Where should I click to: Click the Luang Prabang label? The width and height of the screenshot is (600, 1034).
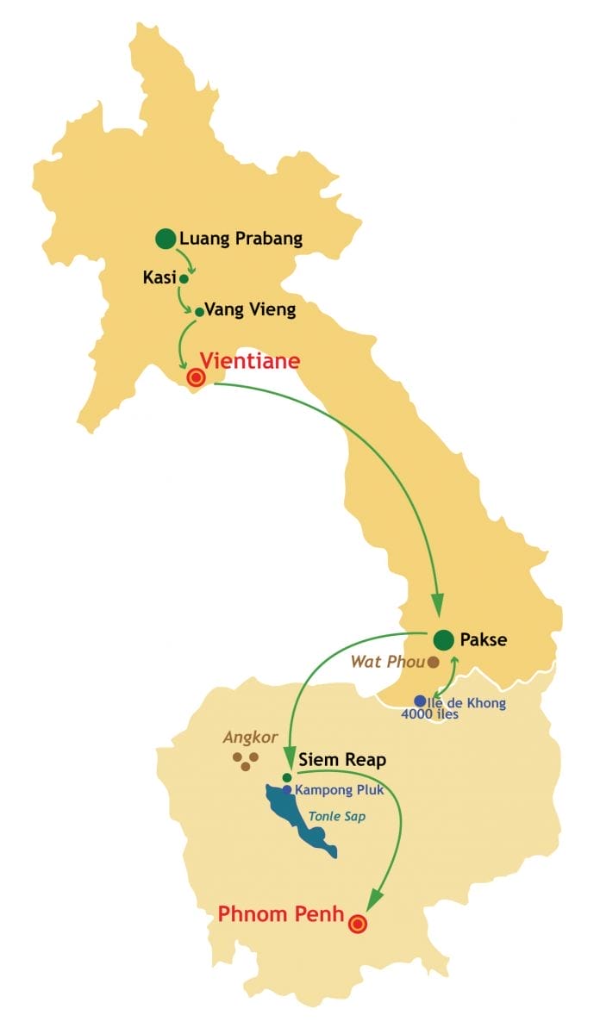coord(241,239)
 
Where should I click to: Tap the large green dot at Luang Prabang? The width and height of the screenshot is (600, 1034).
coord(166,238)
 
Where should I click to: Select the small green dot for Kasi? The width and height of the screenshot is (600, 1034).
coord(184,278)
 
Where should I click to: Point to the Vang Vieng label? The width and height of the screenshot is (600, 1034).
coord(250,310)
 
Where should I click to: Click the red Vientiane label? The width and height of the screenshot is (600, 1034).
coord(250,361)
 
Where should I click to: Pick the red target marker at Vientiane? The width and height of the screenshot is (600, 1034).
coord(196,377)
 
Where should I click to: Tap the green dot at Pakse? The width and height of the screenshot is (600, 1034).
coord(443,639)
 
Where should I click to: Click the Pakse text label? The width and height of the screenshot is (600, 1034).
coord(484,639)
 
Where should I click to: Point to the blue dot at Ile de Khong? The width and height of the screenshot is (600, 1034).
coord(420,701)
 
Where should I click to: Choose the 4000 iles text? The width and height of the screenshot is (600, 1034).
coord(429,713)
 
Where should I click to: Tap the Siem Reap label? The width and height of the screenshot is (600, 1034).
coord(342,760)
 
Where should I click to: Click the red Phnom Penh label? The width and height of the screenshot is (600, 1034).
coord(281,914)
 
